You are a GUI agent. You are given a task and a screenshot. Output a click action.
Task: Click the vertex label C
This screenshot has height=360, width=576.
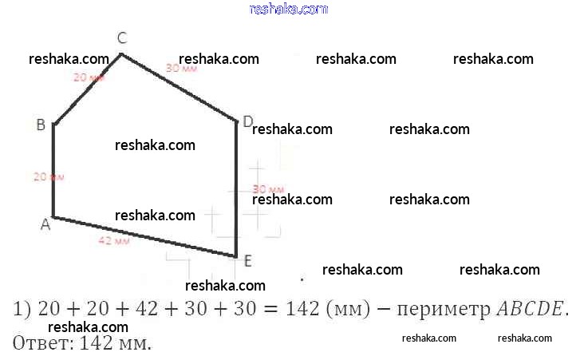[x=122, y=38]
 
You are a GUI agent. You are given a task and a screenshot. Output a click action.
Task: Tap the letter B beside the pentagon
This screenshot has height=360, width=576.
[x=40, y=125]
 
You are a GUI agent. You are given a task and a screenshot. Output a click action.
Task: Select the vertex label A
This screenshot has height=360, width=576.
[x=45, y=225]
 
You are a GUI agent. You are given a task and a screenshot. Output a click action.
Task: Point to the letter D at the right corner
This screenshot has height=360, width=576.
[x=247, y=121]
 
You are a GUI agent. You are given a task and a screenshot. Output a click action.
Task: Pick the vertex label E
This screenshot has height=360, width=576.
[x=247, y=261]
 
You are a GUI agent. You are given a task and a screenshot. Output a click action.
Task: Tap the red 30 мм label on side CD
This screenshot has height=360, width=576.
[x=181, y=69]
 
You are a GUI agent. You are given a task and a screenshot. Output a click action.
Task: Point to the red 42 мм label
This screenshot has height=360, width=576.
[x=114, y=240]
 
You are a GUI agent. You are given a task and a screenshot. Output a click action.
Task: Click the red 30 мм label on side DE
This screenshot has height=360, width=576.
[x=267, y=189]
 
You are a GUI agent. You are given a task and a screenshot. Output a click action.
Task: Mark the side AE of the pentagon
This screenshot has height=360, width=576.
[x=144, y=237]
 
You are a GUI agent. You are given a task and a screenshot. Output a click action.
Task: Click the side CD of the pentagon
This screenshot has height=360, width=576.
[x=180, y=88]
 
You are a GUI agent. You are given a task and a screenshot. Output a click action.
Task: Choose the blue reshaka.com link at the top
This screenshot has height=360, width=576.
[x=288, y=9]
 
